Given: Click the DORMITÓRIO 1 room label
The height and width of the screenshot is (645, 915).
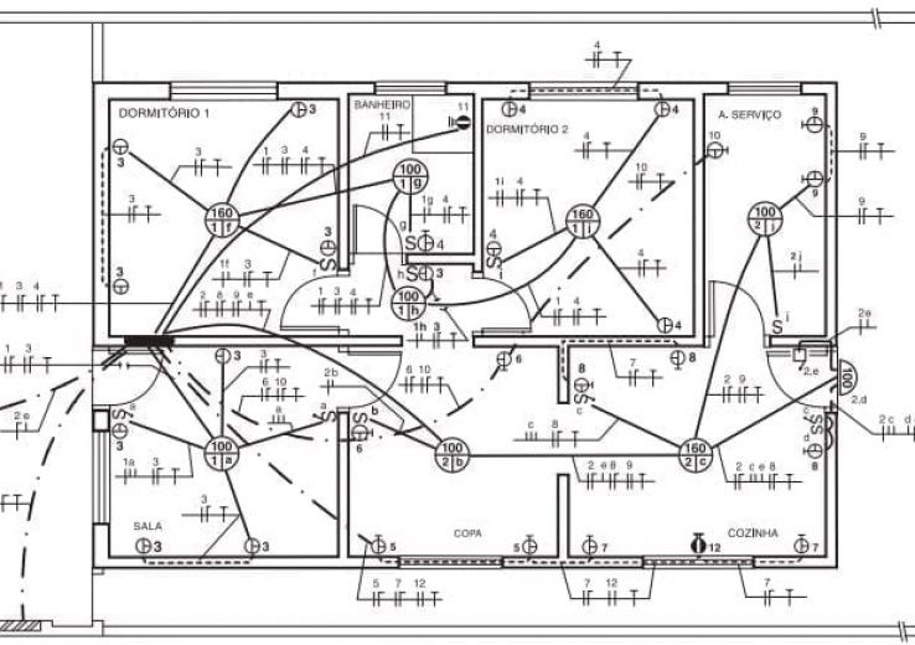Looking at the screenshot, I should (x=163, y=114).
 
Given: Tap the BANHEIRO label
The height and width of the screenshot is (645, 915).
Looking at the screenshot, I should (x=382, y=105).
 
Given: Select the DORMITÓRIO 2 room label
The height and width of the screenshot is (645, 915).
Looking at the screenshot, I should (x=527, y=129).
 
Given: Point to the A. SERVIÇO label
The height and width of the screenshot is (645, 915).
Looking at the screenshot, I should (x=750, y=115).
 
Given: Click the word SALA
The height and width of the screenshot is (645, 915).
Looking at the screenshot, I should (x=148, y=526).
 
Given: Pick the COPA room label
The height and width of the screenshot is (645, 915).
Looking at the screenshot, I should (x=467, y=533).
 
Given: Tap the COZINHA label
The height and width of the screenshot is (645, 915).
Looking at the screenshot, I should (x=752, y=533).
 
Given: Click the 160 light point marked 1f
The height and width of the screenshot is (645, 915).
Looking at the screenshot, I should (x=222, y=220).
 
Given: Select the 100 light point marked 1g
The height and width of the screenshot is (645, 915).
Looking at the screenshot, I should (x=410, y=177).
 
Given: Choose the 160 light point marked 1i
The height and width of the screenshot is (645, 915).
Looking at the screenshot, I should (x=582, y=221).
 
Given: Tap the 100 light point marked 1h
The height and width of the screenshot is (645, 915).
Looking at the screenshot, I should (x=408, y=303).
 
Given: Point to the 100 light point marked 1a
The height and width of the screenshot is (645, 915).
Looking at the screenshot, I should (x=222, y=453).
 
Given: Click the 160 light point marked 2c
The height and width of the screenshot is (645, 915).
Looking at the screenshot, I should (x=695, y=455).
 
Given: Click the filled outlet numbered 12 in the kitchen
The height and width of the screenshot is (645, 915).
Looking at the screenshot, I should (x=699, y=545).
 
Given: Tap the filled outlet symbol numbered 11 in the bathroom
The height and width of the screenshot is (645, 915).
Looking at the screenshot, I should (x=462, y=123).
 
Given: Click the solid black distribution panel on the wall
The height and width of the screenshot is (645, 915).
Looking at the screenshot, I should (x=149, y=341).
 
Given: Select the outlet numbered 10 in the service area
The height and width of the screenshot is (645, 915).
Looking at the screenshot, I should (x=715, y=151).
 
